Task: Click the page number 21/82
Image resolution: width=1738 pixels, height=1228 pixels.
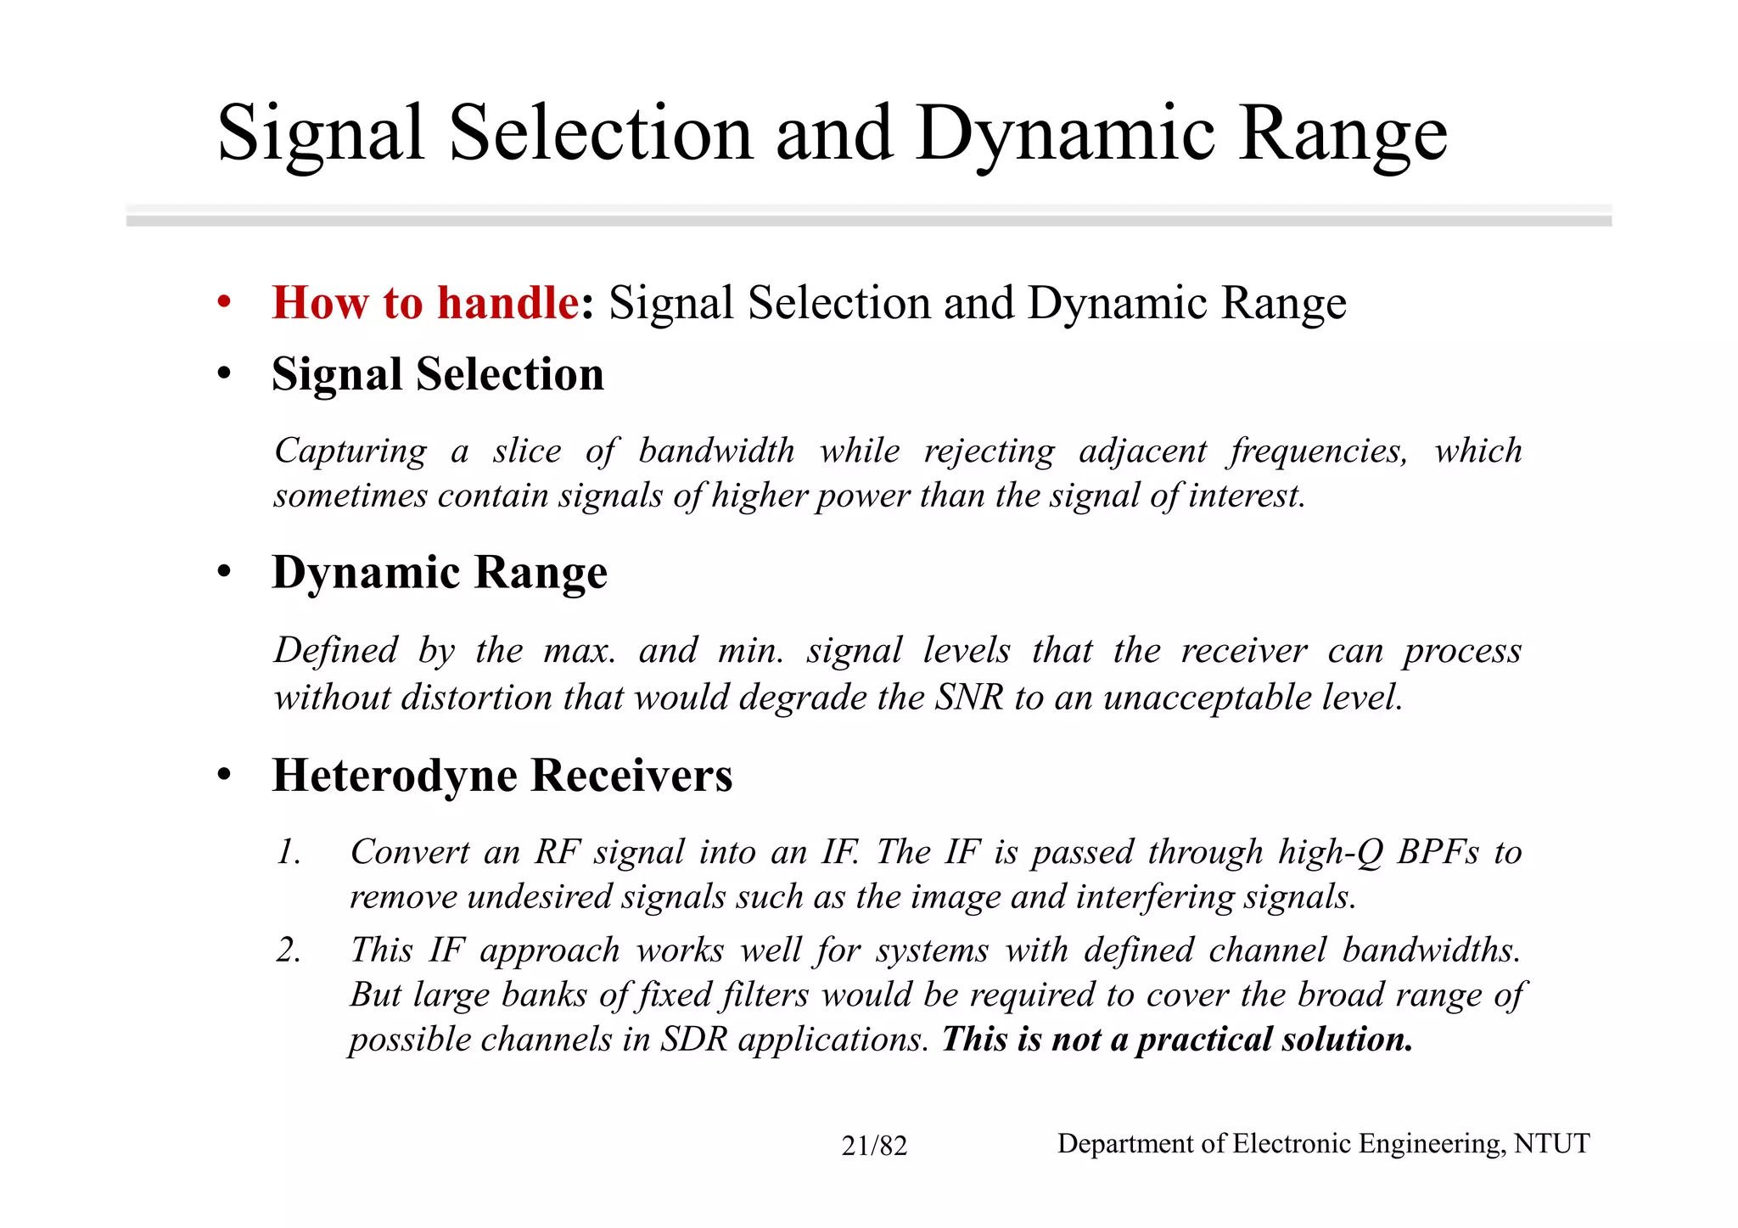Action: tap(874, 1146)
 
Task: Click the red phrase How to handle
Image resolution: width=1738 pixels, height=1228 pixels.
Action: tap(425, 302)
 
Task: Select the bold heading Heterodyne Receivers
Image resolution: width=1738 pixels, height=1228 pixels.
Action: tap(502, 775)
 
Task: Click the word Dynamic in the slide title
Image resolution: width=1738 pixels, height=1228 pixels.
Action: tap(1065, 134)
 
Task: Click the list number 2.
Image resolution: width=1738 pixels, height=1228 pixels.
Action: tap(289, 950)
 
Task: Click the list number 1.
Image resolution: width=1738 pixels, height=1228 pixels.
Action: tap(289, 851)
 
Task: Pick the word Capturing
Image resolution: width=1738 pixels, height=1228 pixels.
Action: tap(350, 451)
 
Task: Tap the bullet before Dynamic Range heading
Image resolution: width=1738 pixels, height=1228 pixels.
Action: tap(224, 572)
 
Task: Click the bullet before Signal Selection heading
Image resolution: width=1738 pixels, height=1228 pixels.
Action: tap(224, 373)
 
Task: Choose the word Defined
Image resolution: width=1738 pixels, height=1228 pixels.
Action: tap(335, 651)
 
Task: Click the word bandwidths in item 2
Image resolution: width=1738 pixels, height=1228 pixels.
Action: tap(1431, 950)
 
